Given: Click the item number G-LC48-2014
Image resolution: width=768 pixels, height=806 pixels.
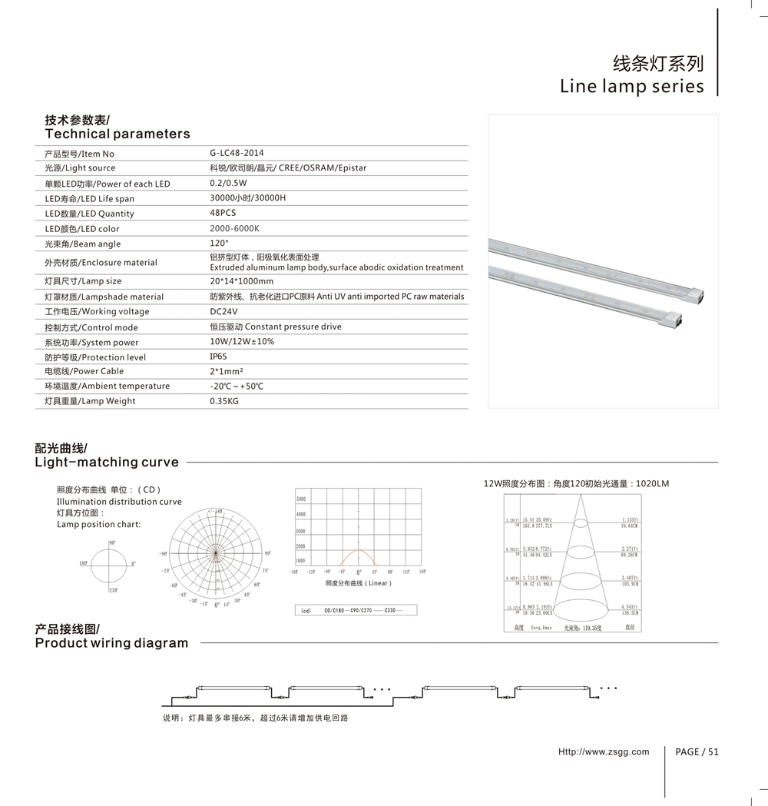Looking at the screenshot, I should coord(237,153).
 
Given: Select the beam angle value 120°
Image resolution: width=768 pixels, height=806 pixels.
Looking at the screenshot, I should coord(219,243).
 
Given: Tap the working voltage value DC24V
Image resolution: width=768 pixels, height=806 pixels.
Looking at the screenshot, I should coord(223,311).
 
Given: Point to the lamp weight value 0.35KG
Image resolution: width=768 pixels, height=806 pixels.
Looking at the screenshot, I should coord(224,401).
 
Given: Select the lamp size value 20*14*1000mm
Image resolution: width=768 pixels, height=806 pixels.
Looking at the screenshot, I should coord(241,281).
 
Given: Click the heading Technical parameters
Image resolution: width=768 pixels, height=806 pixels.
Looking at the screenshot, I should coord(117,134).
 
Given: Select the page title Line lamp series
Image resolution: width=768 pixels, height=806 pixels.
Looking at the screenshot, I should coord(631,85).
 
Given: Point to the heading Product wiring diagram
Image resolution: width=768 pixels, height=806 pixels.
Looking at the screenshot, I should coord(111,643).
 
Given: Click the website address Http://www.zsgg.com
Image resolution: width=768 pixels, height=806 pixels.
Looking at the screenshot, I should coord(604,751).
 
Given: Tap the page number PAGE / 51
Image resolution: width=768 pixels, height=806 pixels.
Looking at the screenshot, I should coord(697,751).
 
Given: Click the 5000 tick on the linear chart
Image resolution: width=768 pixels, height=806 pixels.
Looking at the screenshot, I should coord(301,499).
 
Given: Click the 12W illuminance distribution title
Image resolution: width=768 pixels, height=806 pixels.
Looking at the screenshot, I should coord(576,483).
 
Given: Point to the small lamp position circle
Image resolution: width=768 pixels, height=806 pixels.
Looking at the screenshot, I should coord(111,565).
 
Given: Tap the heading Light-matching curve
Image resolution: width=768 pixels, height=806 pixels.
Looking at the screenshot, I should coord(107,462).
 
